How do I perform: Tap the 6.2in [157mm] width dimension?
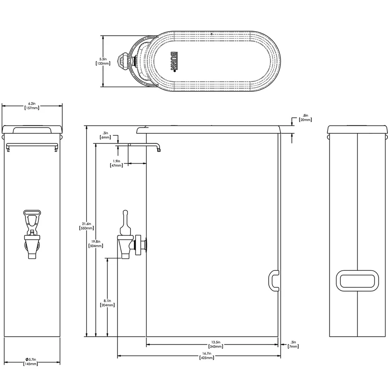[32, 106]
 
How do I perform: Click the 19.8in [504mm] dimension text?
[96, 243]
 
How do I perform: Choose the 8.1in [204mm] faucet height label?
[108, 303]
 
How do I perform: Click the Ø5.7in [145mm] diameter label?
[32, 362]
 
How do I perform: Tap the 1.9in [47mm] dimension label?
[117, 163]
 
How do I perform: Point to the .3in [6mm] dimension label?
[105, 135]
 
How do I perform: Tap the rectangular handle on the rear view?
[357, 280]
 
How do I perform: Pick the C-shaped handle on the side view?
[274, 280]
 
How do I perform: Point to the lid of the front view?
[32, 129]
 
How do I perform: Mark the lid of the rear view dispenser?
[357, 129]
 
